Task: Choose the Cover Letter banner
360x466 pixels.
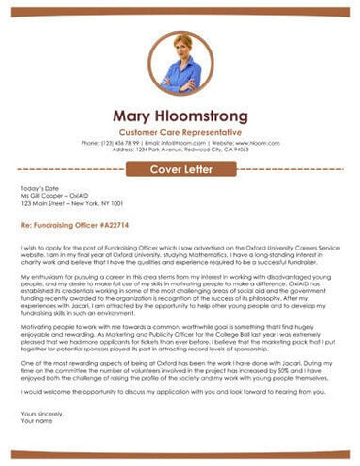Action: click(180, 170)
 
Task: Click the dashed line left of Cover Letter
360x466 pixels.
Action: click(74, 170)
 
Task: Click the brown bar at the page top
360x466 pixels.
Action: click(180, 12)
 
